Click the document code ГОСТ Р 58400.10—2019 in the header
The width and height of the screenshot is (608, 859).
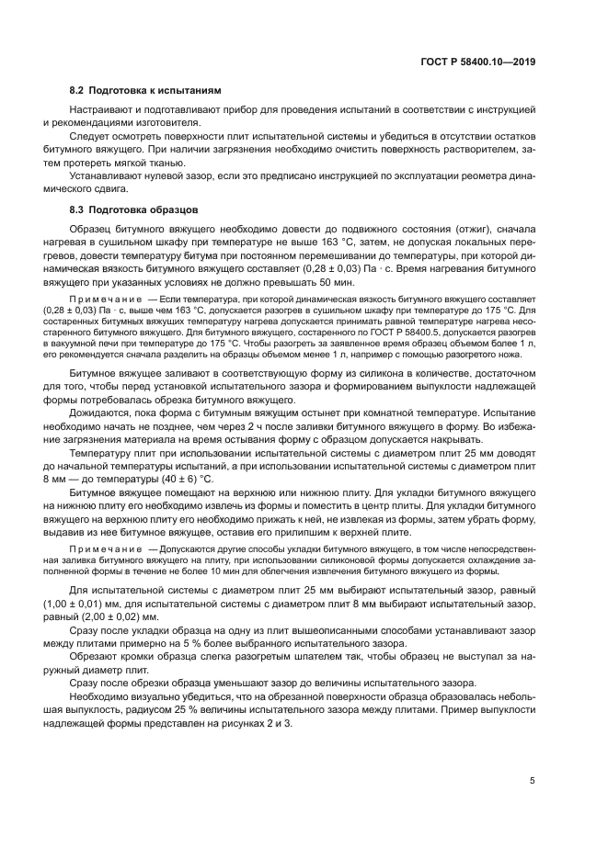click(x=478, y=62)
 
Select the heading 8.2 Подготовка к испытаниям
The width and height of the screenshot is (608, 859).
click(x=145, y=92)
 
